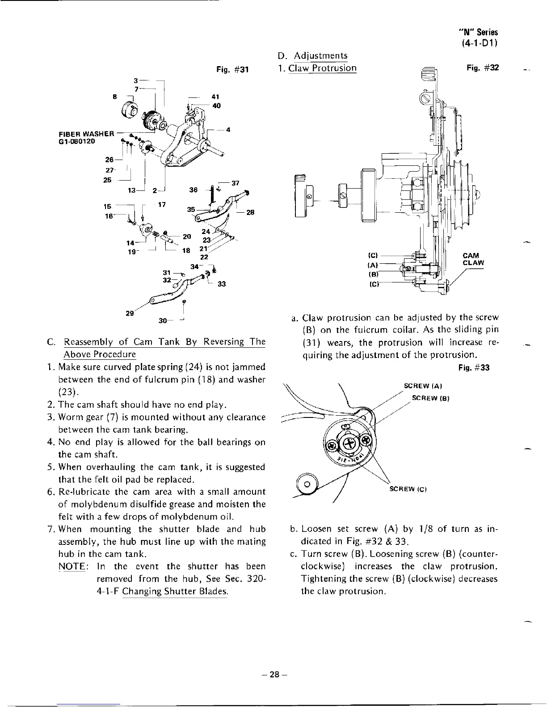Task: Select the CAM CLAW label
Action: [473, 259]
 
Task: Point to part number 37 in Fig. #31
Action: [236, 183]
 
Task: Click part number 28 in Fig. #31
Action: [250, 212]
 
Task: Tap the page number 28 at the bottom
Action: [273, 676]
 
